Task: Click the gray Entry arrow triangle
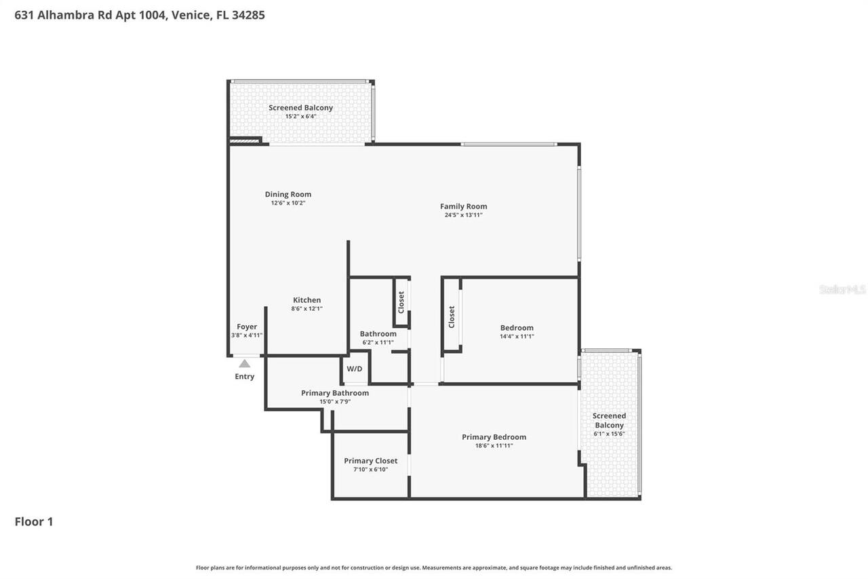pos(244,364)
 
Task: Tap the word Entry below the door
pos(245,377)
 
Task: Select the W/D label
pos(355,369)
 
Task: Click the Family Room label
pos(463,206)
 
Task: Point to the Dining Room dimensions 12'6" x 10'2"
pos(288,203)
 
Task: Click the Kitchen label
pos(307,300)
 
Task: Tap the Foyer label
pos(247,326)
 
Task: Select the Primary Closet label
pos(370,461)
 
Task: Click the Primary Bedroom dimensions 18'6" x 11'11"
pos(494,445)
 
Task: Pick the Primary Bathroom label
pos(335,393)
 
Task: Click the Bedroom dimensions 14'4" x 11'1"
pos(517,336)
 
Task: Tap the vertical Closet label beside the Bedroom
pos(452,316)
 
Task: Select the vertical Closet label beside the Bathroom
pos(401,302)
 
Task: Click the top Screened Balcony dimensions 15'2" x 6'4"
pos(300,116)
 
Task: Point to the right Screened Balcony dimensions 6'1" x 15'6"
pos(609,434)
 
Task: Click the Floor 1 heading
pos(34,521)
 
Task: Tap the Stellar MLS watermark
pos(842,289)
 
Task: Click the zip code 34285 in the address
pos(248,15)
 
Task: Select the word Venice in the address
pos(191,15)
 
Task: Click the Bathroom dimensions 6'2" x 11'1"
pos(378,342)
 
